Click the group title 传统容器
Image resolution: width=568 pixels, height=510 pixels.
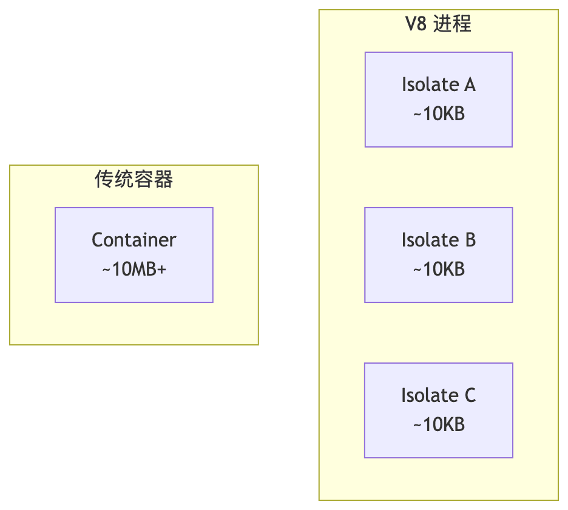pyautogui.click(x=134, y=179)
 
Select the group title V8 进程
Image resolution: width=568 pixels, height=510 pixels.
pyautogui.click(x=438, y=24)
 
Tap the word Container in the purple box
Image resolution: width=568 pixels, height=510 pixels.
pyautogui.click(x=134, y=240)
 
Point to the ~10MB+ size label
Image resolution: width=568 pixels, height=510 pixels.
pyautogui.click(x=134, y=269)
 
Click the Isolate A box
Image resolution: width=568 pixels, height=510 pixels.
pyautogui.click(x=438, y=100)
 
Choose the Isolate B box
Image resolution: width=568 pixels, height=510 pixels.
pyautogui.click(x=438, y=255)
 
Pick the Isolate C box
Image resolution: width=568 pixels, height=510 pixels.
pyautogui.click(x=438, y=410)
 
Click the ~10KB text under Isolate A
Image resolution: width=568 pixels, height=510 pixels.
pyautogui.click(x=439, y=114)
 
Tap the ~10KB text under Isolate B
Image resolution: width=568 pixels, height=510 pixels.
pyautogui.click(x=439, y=269)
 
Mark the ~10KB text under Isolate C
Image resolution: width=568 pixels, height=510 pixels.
pyautogui.click(x=439, y=424)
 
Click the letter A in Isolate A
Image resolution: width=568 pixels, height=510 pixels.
pyautogui.click(x=469, y=85)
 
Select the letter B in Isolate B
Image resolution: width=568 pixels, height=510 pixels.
pyautogui.click(x=470, y=240)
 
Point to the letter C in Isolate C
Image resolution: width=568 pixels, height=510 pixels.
pyautogui.click(x=470, y=396)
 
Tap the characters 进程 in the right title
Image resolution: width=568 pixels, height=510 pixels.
pyautogui.click(x=453, y=24)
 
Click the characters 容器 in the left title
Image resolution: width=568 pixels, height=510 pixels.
pyautogui.click(x=154, y=179)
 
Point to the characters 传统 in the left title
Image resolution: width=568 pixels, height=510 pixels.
pyautogui.click(x=114, y=179)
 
